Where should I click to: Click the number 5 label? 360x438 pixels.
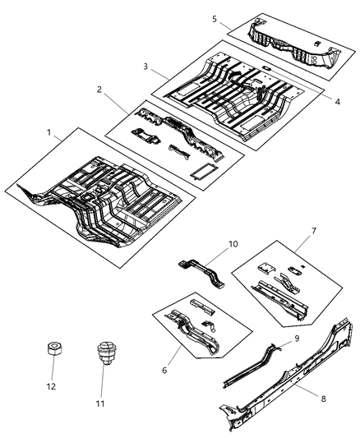(x=215, y=18)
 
